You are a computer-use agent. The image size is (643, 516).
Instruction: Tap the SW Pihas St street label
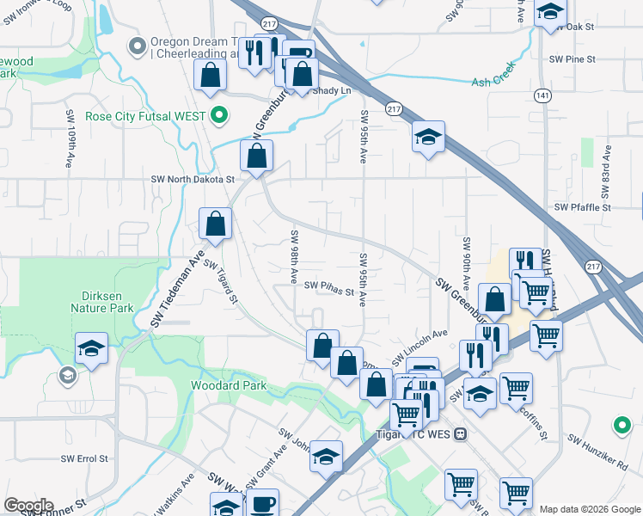pyautogui.click(x=329, y=288)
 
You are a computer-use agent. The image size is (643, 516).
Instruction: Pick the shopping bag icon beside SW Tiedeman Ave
pyautogui.click(x=215, y=224)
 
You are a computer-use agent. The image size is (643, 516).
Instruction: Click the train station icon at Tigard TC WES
pyautogui.click(x=461, y=433)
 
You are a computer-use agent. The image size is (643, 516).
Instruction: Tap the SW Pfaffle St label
pyautogui.click(x=582, y=207)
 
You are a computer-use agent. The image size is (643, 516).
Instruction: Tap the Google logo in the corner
pyautogui.click(x=28, y=505)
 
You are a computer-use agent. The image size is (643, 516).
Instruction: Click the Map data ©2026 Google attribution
pyautogui.click(x=590, y=509)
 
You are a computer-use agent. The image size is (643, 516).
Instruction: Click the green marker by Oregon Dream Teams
pyautogui.click(x=135, y=45)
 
